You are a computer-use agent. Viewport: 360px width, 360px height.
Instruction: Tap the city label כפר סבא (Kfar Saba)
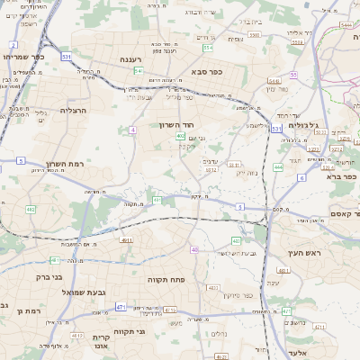tap(205, 70)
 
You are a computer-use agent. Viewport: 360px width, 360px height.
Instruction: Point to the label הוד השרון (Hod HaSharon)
tap(177, 124)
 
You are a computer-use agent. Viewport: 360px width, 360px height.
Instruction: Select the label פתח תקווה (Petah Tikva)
tap(166, 280)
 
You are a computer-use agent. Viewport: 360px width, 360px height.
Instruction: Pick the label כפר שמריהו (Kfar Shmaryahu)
tap(24, 57)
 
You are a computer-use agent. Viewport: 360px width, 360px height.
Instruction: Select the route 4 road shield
tap(132, 130)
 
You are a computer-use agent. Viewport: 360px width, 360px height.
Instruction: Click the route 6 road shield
tap(302, 177)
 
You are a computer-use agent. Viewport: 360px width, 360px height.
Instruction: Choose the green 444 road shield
tap(279, 166)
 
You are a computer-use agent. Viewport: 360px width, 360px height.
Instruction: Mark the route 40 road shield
tap(194, 249)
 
